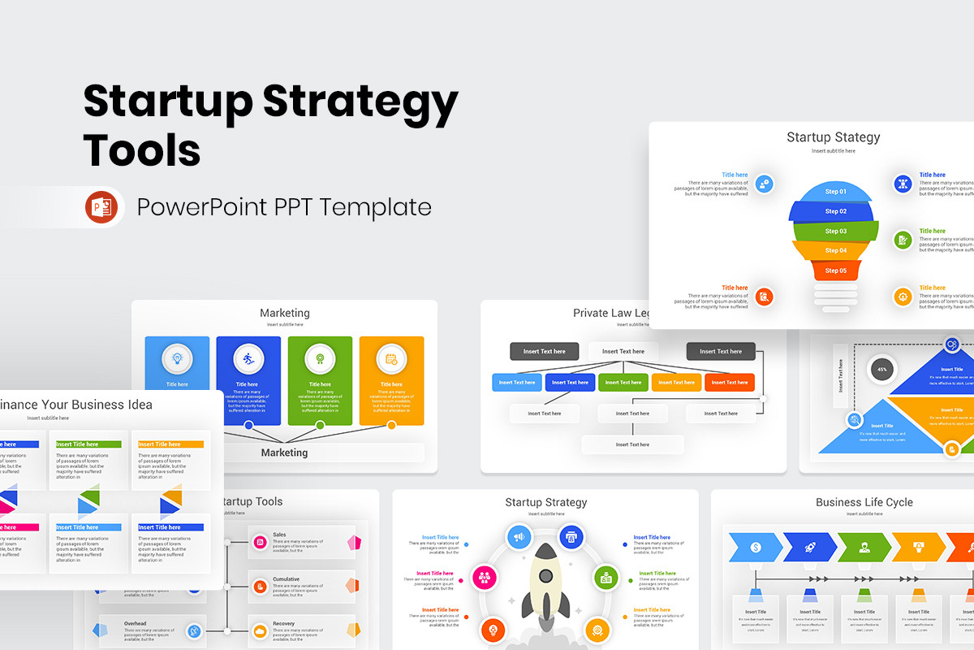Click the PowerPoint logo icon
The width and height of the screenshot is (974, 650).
click(101, 207)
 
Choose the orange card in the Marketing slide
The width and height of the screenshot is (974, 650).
click(391, 380)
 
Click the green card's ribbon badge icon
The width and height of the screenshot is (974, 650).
click(320, 357)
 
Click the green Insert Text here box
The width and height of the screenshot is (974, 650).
click(623, 382)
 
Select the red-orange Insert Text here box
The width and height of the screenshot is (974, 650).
click(729, 382)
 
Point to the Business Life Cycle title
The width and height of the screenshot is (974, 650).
click(864, 502)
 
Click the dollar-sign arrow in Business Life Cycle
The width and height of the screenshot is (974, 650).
click(756, 548)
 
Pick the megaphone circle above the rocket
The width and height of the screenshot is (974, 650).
click(519, 536)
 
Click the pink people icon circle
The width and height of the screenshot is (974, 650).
click(485, 578)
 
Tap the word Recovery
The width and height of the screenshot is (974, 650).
click(284, 623)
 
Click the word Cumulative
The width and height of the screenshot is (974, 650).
click(286, 578)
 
